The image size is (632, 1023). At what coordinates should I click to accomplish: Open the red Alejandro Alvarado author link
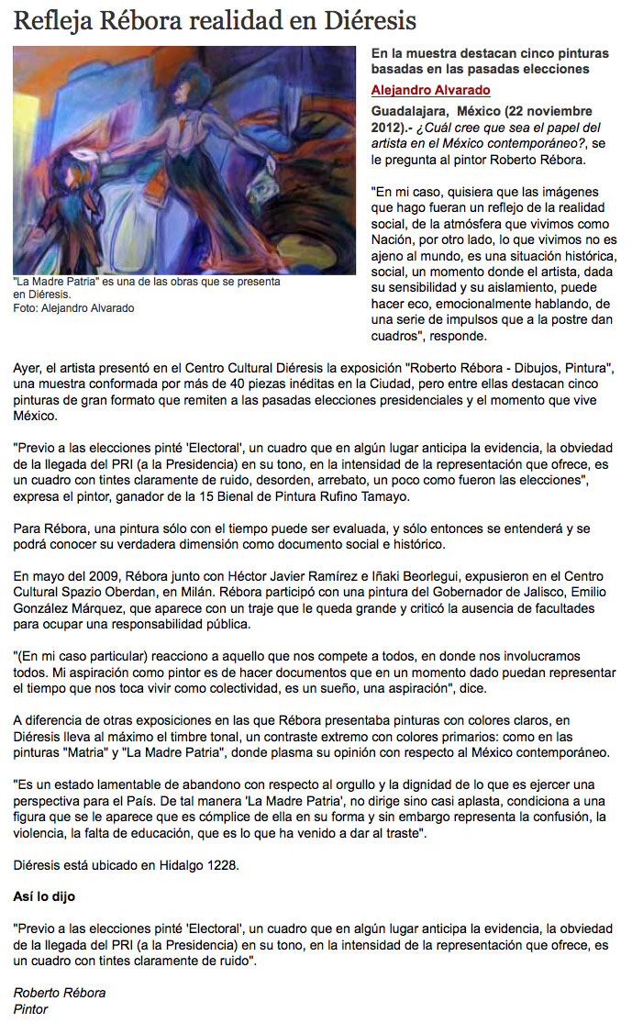click(430, 90)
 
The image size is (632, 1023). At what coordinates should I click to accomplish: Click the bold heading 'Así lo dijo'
click(44, 895)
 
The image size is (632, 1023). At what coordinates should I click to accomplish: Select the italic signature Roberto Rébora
click(60, 993)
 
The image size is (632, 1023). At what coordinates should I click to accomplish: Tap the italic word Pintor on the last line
click(30, 1009)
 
